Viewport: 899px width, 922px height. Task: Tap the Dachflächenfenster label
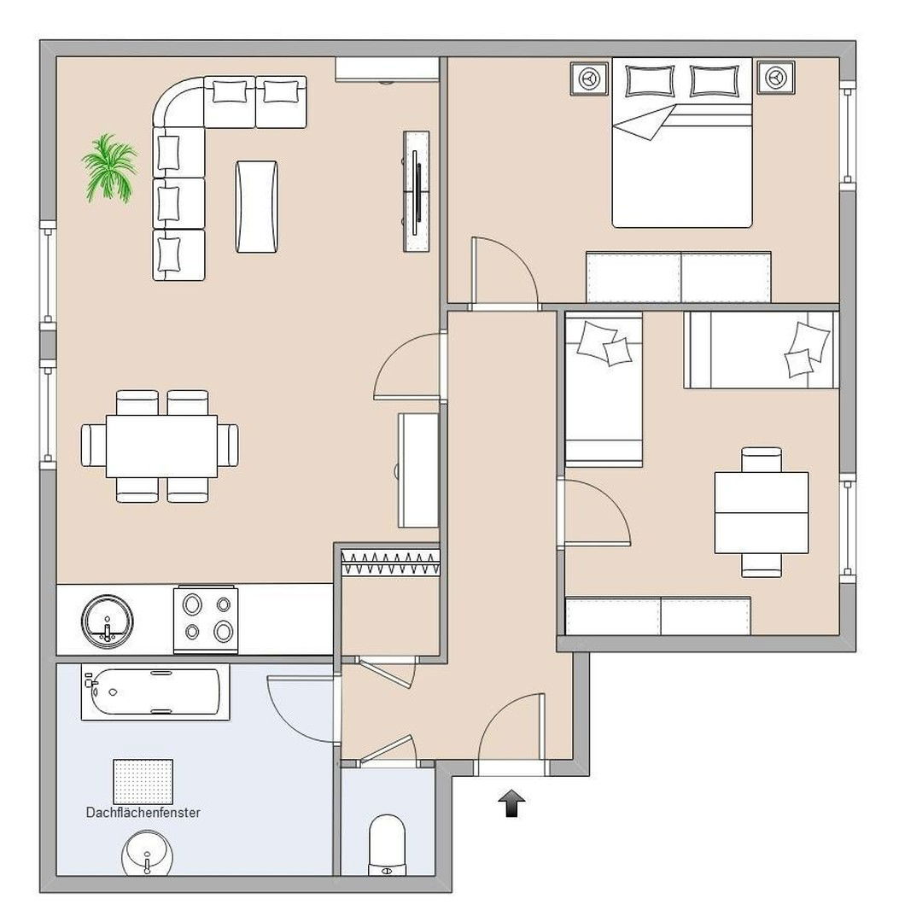click(143, 812)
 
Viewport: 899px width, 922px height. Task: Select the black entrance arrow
click(511, 803)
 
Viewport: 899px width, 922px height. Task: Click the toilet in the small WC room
click(387, 844)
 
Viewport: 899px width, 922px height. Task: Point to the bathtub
click(155, 692)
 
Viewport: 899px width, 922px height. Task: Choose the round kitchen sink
click(107, 621)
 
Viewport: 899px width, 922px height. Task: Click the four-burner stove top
click(206, 620)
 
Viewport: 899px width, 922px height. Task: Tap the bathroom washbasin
click(148, 853)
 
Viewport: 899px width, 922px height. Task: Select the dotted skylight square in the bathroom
click(143, 781)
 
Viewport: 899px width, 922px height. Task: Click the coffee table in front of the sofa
click(256, 207)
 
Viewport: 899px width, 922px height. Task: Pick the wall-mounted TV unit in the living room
click(417, 191)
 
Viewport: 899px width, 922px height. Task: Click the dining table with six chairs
click(160, 446)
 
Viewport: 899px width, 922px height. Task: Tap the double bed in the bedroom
click(682, 143)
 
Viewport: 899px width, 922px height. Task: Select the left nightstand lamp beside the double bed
click(589, 78)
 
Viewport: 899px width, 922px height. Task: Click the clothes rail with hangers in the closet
click(390, 563)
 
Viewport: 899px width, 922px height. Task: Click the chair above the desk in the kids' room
click(762, 459)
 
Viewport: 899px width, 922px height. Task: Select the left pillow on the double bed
click(649, 80)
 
